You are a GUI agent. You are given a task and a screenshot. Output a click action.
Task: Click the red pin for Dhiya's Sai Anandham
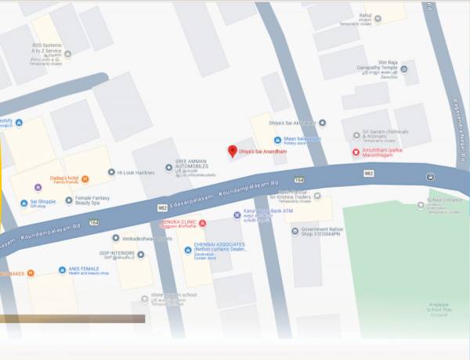231,150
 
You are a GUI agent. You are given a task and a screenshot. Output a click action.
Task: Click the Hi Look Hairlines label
136,172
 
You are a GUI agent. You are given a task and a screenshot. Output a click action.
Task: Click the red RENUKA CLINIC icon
202,224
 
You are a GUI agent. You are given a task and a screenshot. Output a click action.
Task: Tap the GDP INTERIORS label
117,254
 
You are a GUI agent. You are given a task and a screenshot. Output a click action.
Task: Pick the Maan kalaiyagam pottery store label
302,139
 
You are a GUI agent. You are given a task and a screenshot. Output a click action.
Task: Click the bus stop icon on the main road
430,176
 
